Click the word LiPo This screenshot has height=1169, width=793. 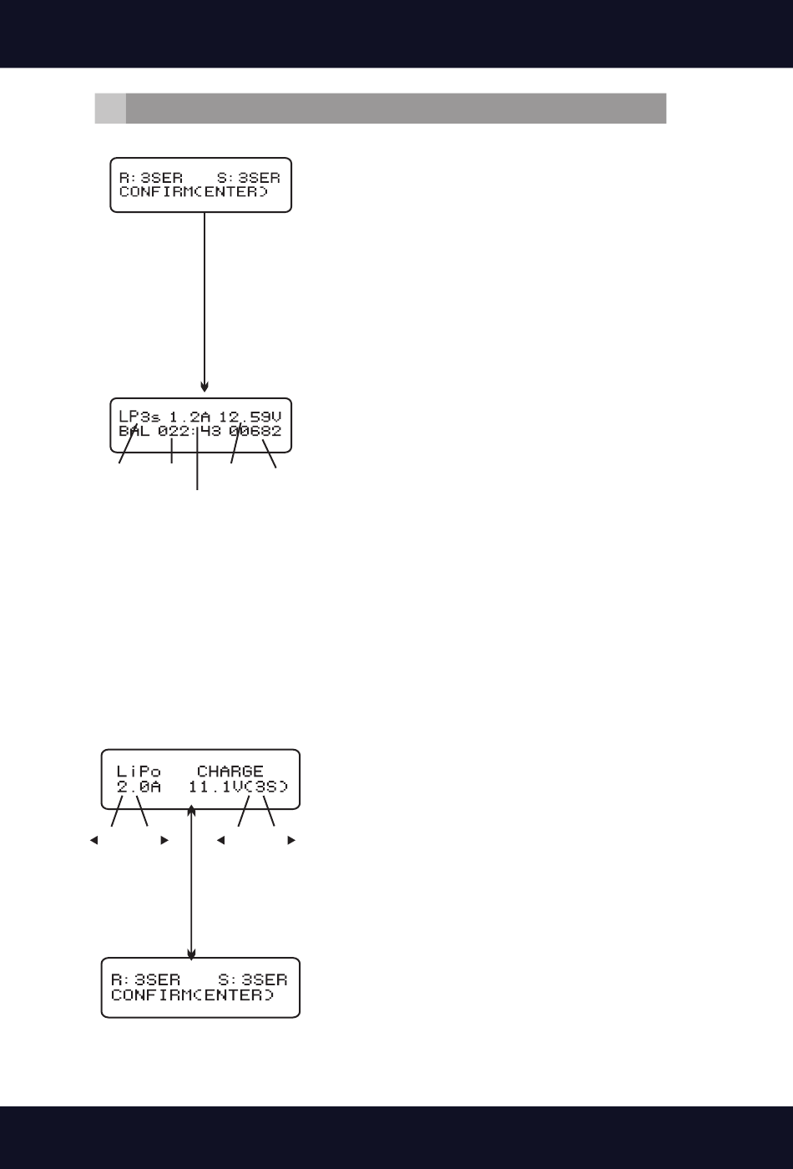pyautogui.click(x=139, y=772)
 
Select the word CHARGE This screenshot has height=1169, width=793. pyautogui.click(x=230, y=772)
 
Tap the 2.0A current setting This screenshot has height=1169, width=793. pyautogui.click(x=139, y=787)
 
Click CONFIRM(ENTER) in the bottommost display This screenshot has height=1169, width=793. pyautogui.click(x=193, y=996)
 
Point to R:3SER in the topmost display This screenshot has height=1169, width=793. pyautogui.click(x=151, y=177)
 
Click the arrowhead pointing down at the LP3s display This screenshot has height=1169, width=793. pyautogui.click(x=205, y=387)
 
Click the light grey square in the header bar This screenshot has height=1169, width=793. pyautogui.click(x=110, y=109)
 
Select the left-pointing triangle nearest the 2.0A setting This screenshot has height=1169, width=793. pyautogui.click(x=94, y=840)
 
